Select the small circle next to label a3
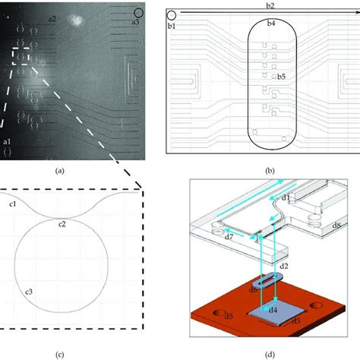click(138, 12)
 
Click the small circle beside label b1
click(172, 14)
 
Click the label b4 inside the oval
click(270, 25)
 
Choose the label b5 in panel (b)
click(280, 77)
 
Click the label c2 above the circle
click(63, 223)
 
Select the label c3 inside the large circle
click(29, 291)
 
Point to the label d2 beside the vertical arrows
click(283, 267)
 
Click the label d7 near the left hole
click(207, 236)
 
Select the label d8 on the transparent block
click(337, 226)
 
